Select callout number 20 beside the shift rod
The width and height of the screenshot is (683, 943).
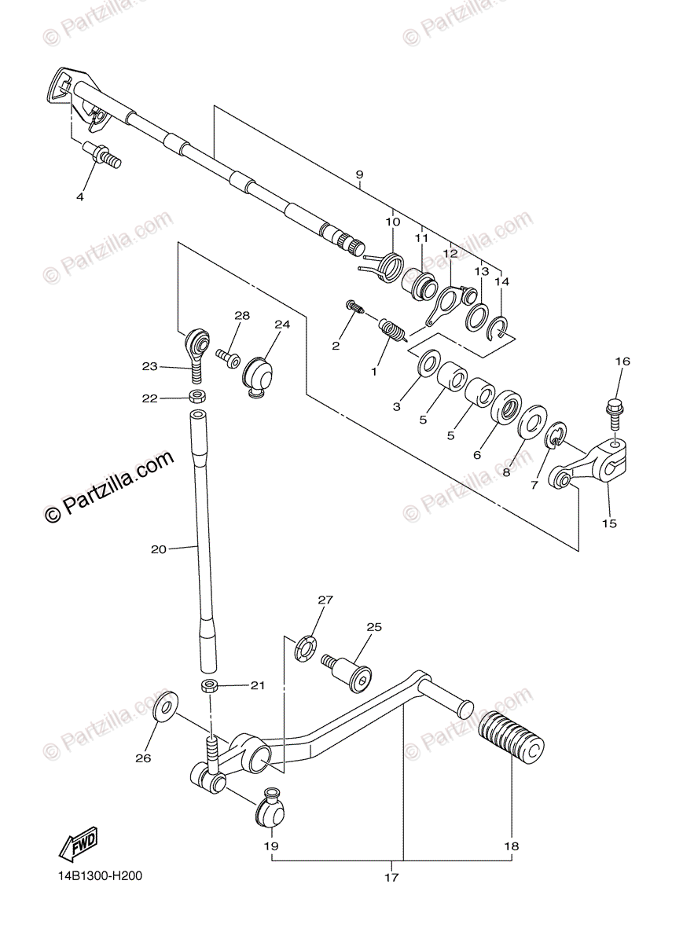[158, 550]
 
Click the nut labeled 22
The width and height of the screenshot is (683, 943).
[196, 397]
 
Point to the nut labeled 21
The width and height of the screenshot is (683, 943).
[209, 686]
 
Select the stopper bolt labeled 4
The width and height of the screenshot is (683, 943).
[104, 154]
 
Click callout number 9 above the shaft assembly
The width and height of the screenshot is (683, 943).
[358, 174]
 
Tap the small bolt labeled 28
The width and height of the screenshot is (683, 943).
[230, 357]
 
